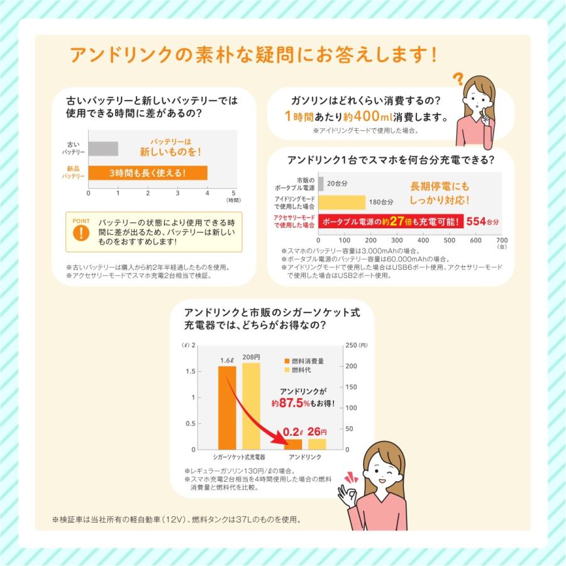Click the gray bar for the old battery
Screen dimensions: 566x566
tap(103, 149)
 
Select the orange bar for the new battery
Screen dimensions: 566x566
tap(148, 173)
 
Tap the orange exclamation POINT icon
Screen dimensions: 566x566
tap(81, 231)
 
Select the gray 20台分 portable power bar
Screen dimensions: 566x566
tap(321, 184)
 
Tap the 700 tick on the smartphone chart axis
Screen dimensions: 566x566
tap(501, 240)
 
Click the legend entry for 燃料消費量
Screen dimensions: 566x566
tap(304, 362)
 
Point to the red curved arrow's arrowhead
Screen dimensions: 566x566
tap(281, 443)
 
